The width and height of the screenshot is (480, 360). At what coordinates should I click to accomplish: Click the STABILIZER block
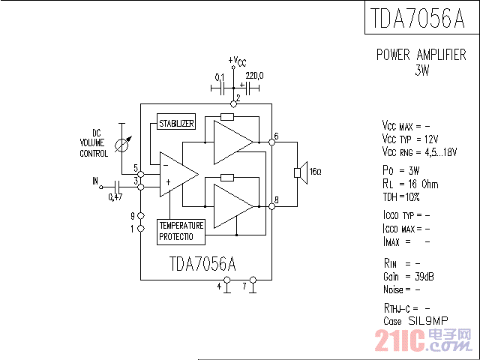pyautogui.click(x=175, y=124)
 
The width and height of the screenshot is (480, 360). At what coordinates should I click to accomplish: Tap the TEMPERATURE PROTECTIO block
pyautogui.click(x=181, y=231)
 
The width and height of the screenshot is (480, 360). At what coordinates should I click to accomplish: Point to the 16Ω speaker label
pyautogui.click(x=315, y=172)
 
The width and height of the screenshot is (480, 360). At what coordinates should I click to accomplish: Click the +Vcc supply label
pyautogui.click(x=236, y=61)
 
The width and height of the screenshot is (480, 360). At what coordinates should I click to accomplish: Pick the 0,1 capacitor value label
pyautogui.click(x=220, y=76)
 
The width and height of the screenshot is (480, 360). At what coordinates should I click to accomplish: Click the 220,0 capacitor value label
pyautogui.click(x=254, y=76)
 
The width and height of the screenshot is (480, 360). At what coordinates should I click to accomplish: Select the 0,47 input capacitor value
pyautogui.click(x=115, y=197)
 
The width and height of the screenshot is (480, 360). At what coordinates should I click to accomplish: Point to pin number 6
pyautogui.click(x=277, y=136)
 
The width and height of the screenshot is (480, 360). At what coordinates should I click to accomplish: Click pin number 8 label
pyautogui.click(x=277, y=199)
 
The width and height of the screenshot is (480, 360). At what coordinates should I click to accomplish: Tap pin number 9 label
pyautogui.click(x=133, y=216)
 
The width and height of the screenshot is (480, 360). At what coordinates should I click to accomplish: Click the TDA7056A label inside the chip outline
pyautogui.click(x=202, y=264)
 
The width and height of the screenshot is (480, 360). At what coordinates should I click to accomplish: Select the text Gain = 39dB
pyautogui.click(x=409, y=277)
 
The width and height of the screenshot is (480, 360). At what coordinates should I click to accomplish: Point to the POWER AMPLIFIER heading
pyautogui.click(x=421, y=55)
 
